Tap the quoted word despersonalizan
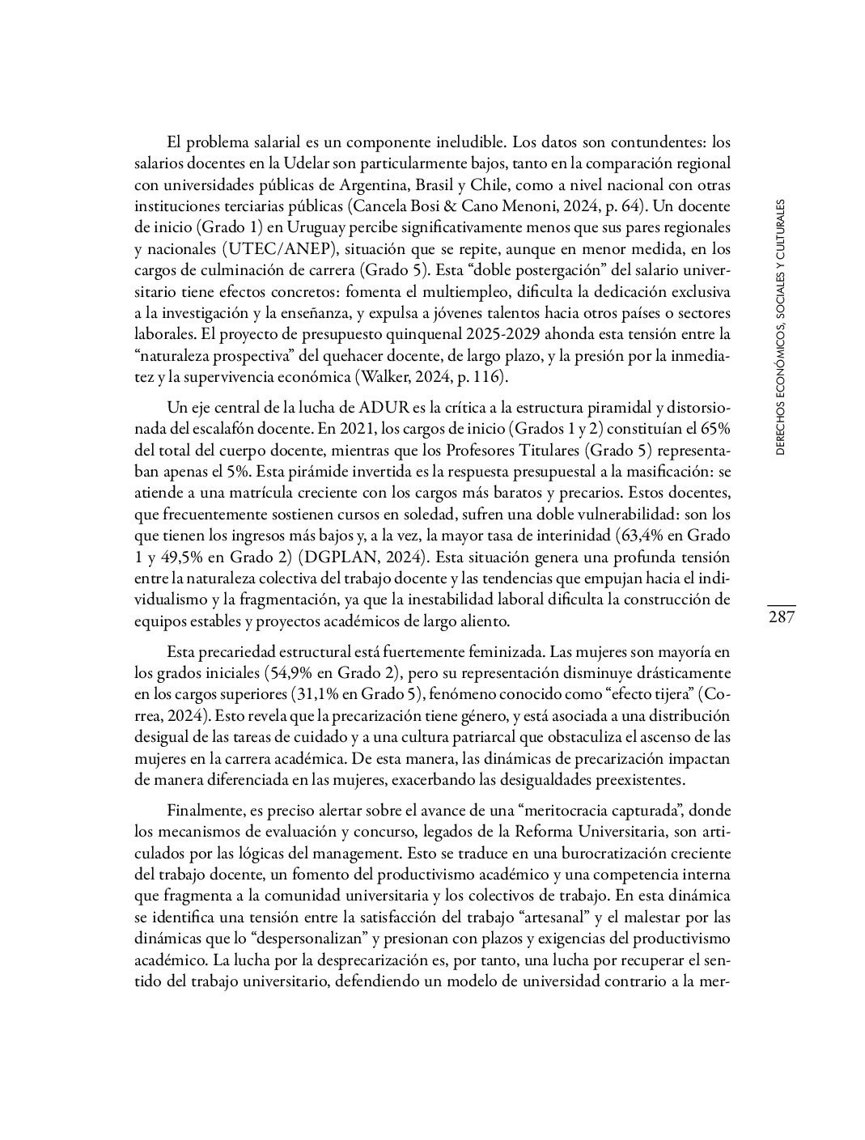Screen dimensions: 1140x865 (x=304, y=939)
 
